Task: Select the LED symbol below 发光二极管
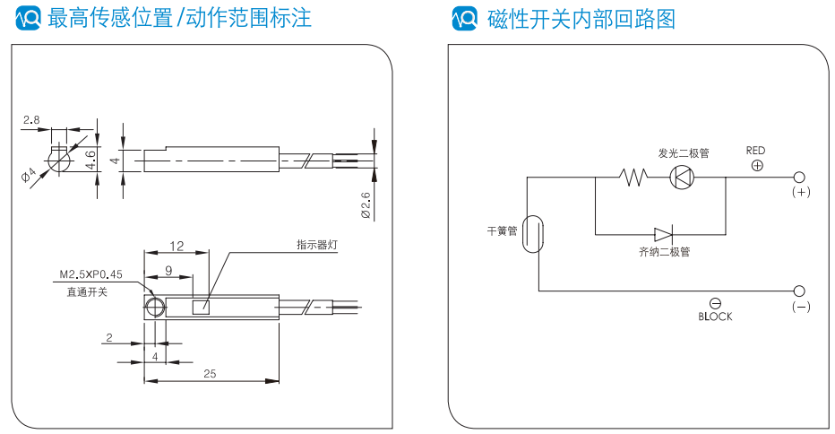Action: (x=683, y=177)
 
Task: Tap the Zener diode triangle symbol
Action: (x=664, y=235)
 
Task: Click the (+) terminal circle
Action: (x=800, y=178)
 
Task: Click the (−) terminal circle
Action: (x=800, y=291)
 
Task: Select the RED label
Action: (x=756, y=151)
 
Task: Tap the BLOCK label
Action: (x=715, y=317)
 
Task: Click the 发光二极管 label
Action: (x=683, y=153)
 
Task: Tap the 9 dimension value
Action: (x=168, y=269)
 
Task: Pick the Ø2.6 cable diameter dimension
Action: (x=365, y=205)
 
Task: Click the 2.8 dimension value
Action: (x=32, y=118)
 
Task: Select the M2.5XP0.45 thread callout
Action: (x=90, y=275)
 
